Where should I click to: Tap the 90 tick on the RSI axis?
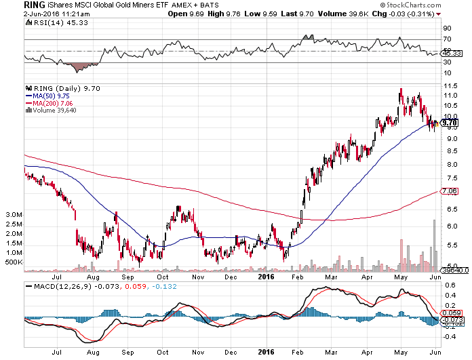pos(447,28)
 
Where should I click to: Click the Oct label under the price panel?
pos(163,277)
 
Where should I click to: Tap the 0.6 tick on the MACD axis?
pos(448,285)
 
